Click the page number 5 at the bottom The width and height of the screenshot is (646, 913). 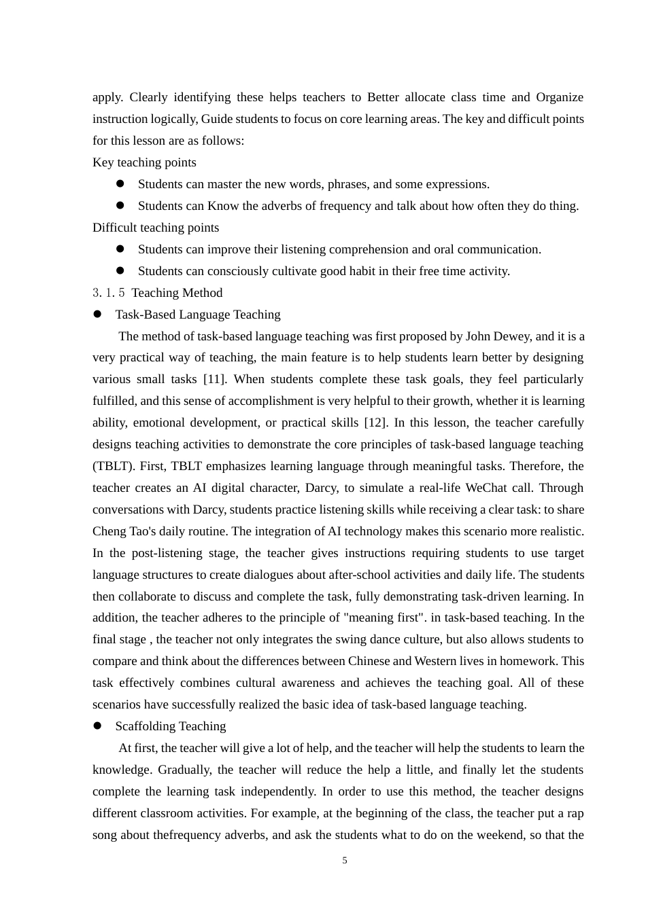coord(345,861)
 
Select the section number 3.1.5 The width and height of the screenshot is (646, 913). coord(109,293)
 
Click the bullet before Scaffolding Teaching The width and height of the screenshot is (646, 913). coord(97,726)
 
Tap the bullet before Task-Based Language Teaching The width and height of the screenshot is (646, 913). coord(97,315)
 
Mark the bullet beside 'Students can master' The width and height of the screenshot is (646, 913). coord(120,184)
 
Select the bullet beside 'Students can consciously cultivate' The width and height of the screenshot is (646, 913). coord(120,271)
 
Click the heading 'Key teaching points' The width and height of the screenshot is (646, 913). coord(144,162)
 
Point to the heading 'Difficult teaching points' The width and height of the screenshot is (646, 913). coord(156,228)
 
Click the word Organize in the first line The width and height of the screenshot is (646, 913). coord(560,97)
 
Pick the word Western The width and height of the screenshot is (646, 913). coord(438,661)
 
